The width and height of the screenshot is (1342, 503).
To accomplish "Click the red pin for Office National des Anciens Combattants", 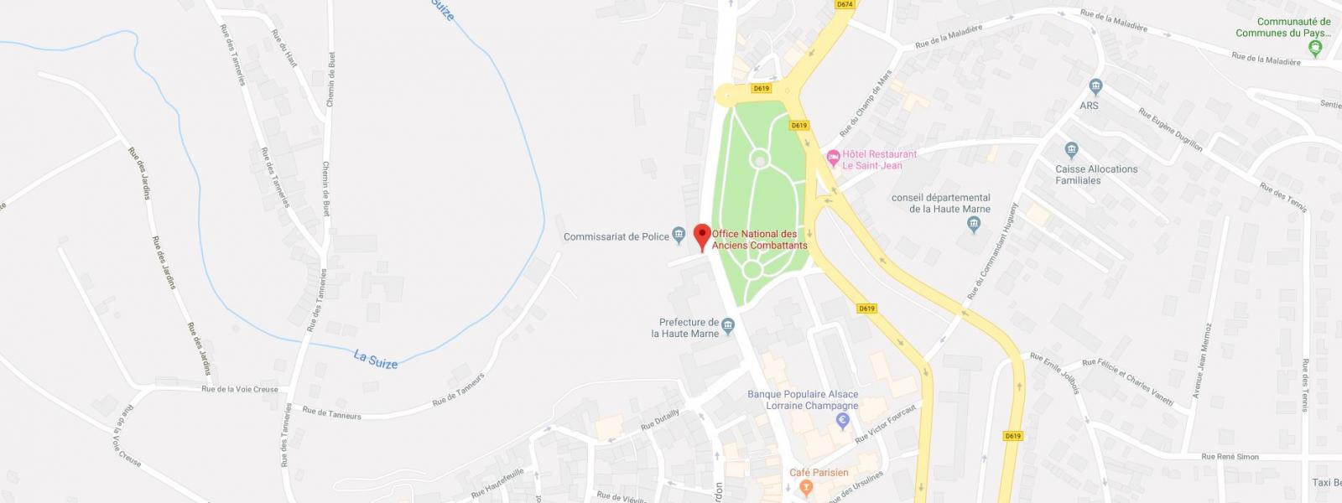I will click(703, 235).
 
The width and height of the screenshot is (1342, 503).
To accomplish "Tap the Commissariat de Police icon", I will click(678, 236).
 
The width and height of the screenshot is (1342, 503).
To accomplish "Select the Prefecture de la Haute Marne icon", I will click(728, 325).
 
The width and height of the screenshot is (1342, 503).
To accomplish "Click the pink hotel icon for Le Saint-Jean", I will click(833, 157).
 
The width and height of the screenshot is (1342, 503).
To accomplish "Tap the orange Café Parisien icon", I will click(806, 487).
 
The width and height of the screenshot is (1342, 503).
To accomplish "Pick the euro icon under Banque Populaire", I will click(844, 422).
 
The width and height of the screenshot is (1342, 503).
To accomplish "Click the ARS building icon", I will click(1095, 87).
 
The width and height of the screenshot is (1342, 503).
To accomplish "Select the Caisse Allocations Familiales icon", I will click(1071, 151).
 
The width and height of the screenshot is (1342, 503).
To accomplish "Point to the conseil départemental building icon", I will click(974, 225).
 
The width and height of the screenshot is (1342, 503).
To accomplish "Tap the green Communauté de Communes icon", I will click(1314, 49).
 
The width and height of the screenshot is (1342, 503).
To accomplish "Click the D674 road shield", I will click(845, 4).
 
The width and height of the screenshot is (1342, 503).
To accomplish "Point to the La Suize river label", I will click(376, 359).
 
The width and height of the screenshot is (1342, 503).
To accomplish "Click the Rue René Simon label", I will click(1230, 456).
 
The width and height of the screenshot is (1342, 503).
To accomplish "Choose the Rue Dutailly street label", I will click(660, 419).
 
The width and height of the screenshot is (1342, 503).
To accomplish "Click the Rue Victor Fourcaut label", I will click(886, 423).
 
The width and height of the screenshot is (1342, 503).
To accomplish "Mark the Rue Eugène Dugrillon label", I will click(1170, 130).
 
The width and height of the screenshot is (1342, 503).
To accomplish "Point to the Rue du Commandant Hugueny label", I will click(993, 251).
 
